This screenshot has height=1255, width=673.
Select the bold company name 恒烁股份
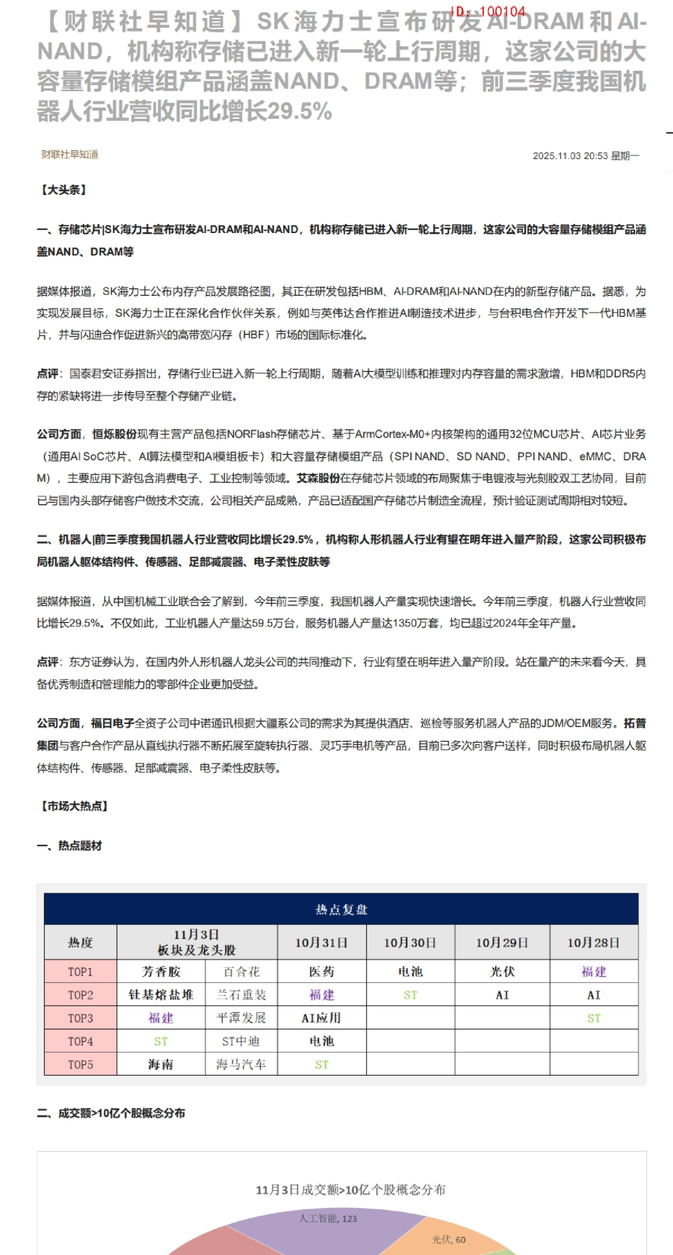pyautogui.click(x=114, y=434)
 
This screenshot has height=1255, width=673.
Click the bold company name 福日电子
pyautogui.click(x=112, y=723)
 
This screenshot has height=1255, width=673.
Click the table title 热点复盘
pyautogui.click(x=341, y=909)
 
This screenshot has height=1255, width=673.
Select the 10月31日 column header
pyautogui.click(x=321, y=943)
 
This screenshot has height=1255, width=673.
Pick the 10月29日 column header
pyautogui.click(x=502, y=943)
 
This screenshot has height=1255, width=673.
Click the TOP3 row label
pyautogui.click(x=81, y=1018)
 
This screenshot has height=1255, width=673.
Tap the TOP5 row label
pyautogui.click(x=81, y=1065)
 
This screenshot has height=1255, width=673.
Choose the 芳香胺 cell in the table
pyautogui.click(x=161, y=972)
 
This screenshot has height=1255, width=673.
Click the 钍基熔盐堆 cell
pyautogui.click(x=161, y=995)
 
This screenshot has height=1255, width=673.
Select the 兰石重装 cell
pyautogui.click(x=241, y=995)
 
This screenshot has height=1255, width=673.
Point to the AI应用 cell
pyautogui.click(x=321, y=1018)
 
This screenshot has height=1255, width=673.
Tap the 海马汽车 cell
pyautogui.click(x=241, y=1065)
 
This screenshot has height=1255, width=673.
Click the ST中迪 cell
pyautogui.click(x=241, y=1041)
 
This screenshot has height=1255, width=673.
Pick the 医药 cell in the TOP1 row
pyautogui.click(x=321, y=972)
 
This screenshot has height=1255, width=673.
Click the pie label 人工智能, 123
pyautogui.click(x=328, y=1218)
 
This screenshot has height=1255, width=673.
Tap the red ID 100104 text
pyautogui.click(x=489, y=12)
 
